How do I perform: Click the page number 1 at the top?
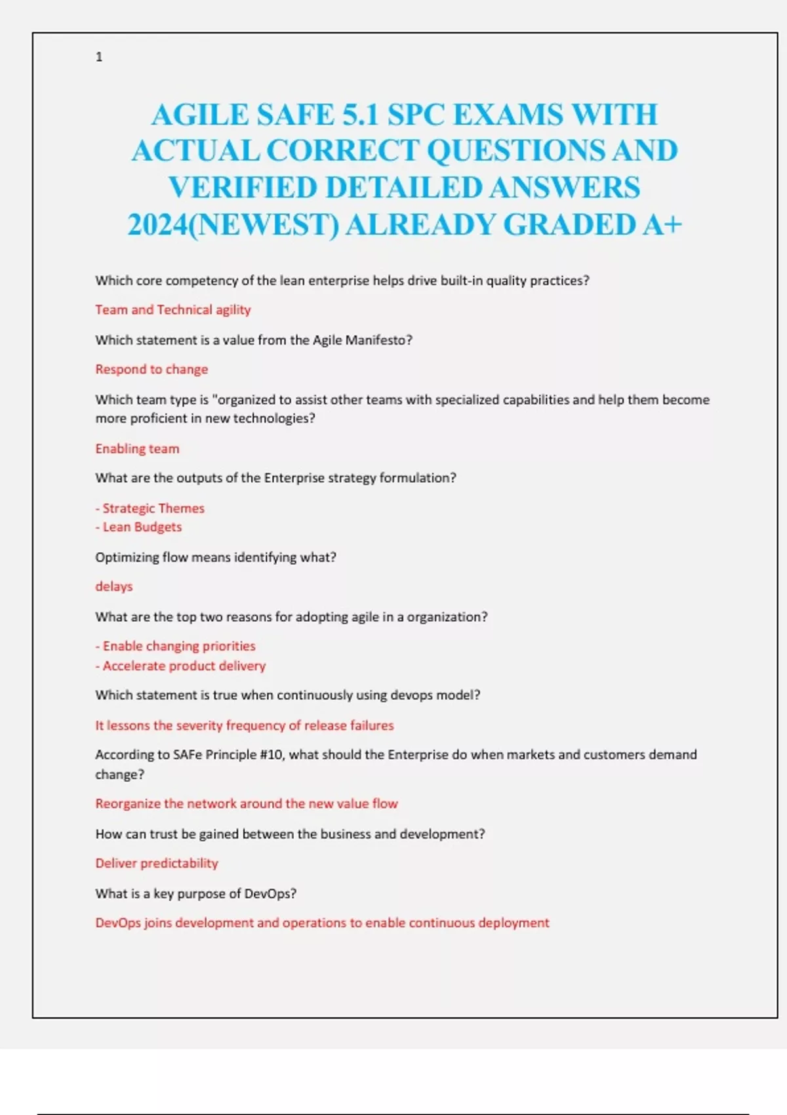tap(99, 57)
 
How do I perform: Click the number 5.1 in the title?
tap(360, 115)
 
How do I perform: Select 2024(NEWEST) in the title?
tap(233, 225)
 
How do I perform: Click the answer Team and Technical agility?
tap(173, 310)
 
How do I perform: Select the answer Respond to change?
tap(151, 369)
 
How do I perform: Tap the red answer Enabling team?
tap(137, 449)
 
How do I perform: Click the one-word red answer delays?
tap(114, 586)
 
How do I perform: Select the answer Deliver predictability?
tap(157, 863)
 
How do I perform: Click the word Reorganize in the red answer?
tap(128, 803)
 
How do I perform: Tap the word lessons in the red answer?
tap(129, 725)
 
